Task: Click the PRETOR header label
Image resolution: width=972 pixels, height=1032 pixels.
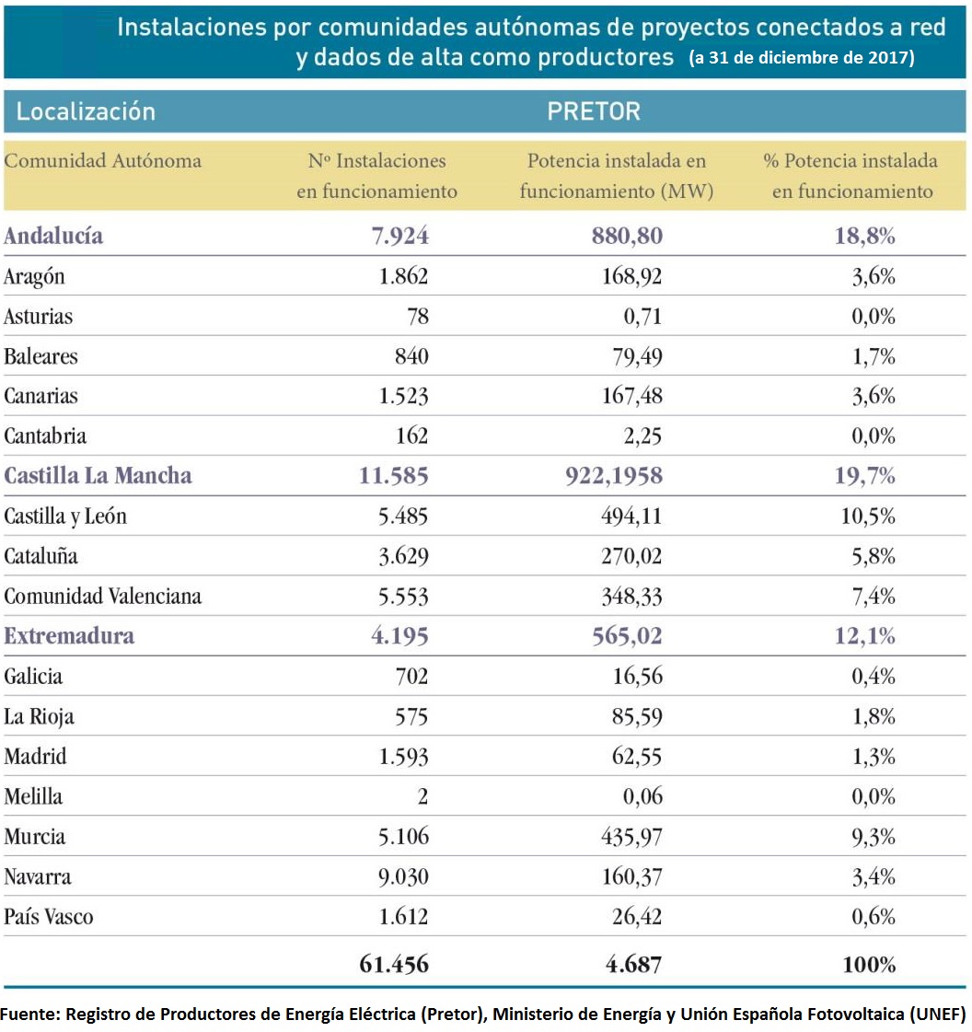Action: coord(594,112)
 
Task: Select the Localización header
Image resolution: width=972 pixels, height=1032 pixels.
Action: coord(86,112)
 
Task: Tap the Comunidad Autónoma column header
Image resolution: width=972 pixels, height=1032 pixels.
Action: coord(102,161)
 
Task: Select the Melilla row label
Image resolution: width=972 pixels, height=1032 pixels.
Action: coord(34,796)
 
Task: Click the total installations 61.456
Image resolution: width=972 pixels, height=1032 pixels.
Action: coord(393,964)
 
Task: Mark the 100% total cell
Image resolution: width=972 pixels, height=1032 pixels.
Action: coord(868,965)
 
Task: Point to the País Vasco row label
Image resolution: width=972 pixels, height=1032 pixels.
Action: coord(48,917)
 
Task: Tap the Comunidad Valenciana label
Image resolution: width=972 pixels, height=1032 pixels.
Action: coord(102,597)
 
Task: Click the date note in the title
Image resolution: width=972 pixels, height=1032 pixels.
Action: coord(801,58)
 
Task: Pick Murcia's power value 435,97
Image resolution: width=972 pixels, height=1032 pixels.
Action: coord(631,837)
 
